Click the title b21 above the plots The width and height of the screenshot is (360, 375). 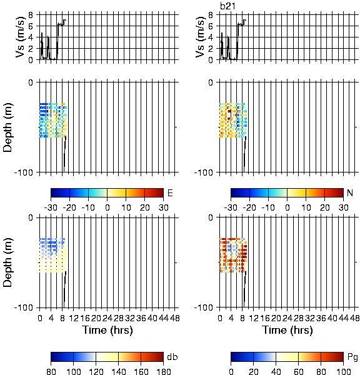[227, 6]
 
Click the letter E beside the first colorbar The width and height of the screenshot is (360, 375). [170, 192]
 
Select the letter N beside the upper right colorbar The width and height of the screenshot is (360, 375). [350, 192]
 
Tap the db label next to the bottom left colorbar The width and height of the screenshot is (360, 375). [172, 357]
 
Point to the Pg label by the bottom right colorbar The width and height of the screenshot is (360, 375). [352, 357]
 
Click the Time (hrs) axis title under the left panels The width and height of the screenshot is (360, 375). [107, 330]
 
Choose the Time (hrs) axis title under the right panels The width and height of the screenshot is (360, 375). [287, 330]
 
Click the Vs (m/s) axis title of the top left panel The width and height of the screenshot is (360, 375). [21, 37]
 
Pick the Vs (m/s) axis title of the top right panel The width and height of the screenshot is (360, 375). [200, 37]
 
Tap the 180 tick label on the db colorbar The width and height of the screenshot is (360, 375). [163, 371]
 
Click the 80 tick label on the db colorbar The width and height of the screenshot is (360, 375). [51, 371]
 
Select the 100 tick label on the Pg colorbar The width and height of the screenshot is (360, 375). [344, 371]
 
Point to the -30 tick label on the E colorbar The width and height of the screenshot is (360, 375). [51, 207]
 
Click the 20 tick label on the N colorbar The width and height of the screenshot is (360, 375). [324, 207]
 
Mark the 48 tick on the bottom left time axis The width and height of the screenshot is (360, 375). [174, 318]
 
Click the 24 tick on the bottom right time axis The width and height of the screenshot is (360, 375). [287, 318]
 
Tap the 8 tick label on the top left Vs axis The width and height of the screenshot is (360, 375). [31, 15]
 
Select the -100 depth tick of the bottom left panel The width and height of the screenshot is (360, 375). [24, 307]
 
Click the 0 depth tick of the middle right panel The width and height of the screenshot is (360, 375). [211, 82]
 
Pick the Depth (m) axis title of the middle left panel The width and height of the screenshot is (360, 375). [7, 127]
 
